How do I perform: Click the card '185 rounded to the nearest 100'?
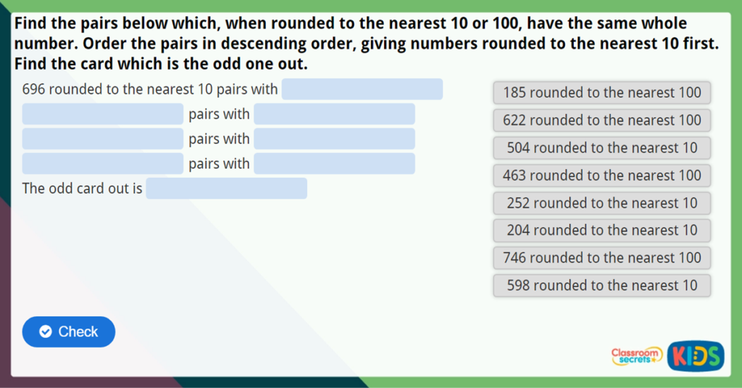coord(601,93)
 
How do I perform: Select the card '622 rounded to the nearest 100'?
coord(601,120)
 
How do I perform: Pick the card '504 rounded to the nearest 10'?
coord(601,148)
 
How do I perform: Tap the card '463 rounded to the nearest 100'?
coord(601,176)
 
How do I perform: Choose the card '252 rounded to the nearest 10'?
coord(601,203)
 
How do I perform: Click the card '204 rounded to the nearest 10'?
coord(601,231)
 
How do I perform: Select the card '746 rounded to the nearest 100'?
coord(601,257)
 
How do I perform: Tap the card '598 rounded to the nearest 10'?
coord(601,285)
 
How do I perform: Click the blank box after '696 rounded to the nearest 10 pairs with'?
coord(362,89)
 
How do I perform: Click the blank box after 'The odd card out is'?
coord(226,189)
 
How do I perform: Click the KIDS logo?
coord(696,355)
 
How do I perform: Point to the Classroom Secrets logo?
coord(637,355)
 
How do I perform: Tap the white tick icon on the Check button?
coord(46,331)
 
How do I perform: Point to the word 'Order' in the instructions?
coord(105,44)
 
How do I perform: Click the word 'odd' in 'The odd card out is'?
coord(62,189)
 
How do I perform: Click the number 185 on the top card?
coord(514,93)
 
